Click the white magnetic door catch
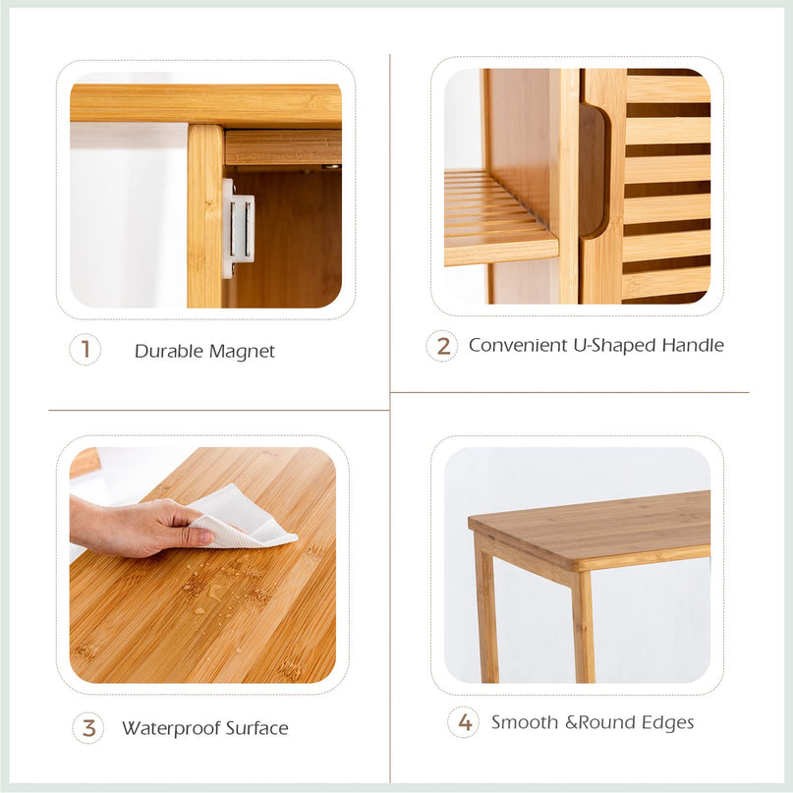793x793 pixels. click(238, 228)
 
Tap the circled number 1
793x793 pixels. click(85, 350)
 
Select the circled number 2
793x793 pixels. click(442, 346)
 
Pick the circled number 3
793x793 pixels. click(88, 728)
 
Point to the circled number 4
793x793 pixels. click(463, 722)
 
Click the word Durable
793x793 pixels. click(169, 351)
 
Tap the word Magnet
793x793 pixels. click(242, 352)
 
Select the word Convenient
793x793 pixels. click(518, 346)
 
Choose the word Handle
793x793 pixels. click(693, 346)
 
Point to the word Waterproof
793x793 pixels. click(171, 729)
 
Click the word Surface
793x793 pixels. click(256, 728)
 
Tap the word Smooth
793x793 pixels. click(525, 722)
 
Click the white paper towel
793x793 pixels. click(244, 519)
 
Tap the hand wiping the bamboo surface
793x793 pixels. click(141, 526)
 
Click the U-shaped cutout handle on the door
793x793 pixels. click(594, 169)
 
